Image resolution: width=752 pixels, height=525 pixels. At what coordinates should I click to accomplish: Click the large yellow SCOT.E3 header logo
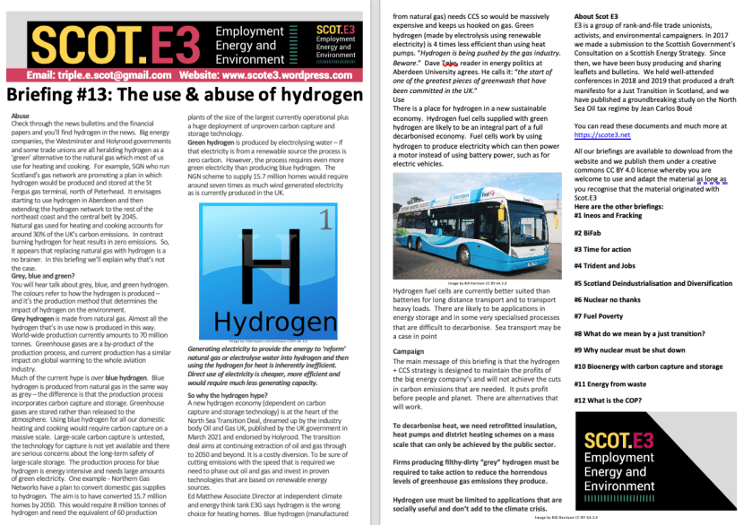point(105,44)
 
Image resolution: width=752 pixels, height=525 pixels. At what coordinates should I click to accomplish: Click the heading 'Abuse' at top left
point(17,117)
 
